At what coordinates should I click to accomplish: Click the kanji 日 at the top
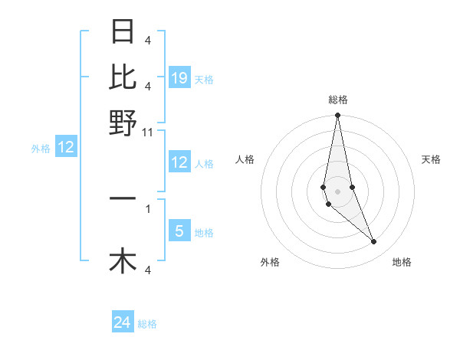[123, 31]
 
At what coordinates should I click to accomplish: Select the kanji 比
[123, 77]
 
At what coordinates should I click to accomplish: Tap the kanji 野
[123, 123]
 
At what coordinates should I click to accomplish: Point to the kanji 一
[123, 199]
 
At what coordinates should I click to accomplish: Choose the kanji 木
[123, 260]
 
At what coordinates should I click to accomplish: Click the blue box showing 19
[179, 78]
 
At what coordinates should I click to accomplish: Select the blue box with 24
[123, 323]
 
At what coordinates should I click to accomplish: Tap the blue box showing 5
[179, 231]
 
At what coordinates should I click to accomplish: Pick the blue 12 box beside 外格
[66, 148]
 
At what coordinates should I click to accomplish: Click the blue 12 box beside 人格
[179, 162]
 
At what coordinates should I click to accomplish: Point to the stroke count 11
[149, 133]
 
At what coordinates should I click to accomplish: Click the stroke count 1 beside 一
[148, 208]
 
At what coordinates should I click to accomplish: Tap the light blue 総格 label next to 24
[148, 324]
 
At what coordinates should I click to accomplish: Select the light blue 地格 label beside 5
[204, 232]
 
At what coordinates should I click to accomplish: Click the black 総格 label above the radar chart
[338, 100]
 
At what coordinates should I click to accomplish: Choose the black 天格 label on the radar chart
[432, 159]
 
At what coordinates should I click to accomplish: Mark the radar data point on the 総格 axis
[337, 116]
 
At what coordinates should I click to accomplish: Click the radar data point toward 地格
[374, 242]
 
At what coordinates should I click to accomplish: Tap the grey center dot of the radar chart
[337, 191]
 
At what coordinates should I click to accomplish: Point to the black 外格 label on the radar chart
[270, 262]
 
